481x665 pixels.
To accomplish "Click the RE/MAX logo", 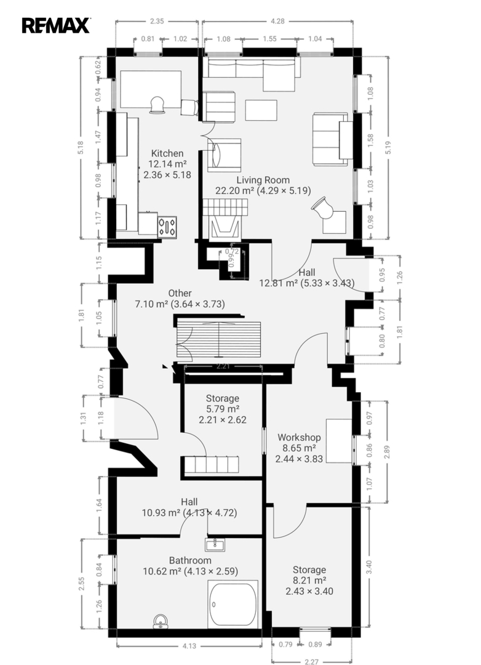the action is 56,25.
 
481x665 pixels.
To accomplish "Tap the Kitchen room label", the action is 167,153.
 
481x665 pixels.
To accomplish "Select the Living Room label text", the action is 263,180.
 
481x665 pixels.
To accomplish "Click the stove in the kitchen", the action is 167,228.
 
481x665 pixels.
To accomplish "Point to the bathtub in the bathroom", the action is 233,605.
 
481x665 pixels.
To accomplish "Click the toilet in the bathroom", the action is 161,621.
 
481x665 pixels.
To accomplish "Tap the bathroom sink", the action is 215,544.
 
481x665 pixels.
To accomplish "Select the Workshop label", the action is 299,437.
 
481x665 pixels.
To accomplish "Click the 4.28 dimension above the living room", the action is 277,21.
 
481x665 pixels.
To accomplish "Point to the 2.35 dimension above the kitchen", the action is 157,21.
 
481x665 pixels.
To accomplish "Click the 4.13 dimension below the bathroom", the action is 189,646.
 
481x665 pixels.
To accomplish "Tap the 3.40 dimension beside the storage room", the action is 368,566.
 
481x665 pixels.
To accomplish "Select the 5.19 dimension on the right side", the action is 389,147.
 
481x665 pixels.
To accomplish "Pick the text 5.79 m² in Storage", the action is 223,409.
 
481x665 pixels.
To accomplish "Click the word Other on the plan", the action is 180,293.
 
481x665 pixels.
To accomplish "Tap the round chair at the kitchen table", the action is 157,105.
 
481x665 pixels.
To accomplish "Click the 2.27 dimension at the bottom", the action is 311,661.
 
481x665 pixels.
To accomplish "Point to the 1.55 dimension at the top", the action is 269,39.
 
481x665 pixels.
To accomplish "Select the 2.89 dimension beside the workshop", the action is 387,451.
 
